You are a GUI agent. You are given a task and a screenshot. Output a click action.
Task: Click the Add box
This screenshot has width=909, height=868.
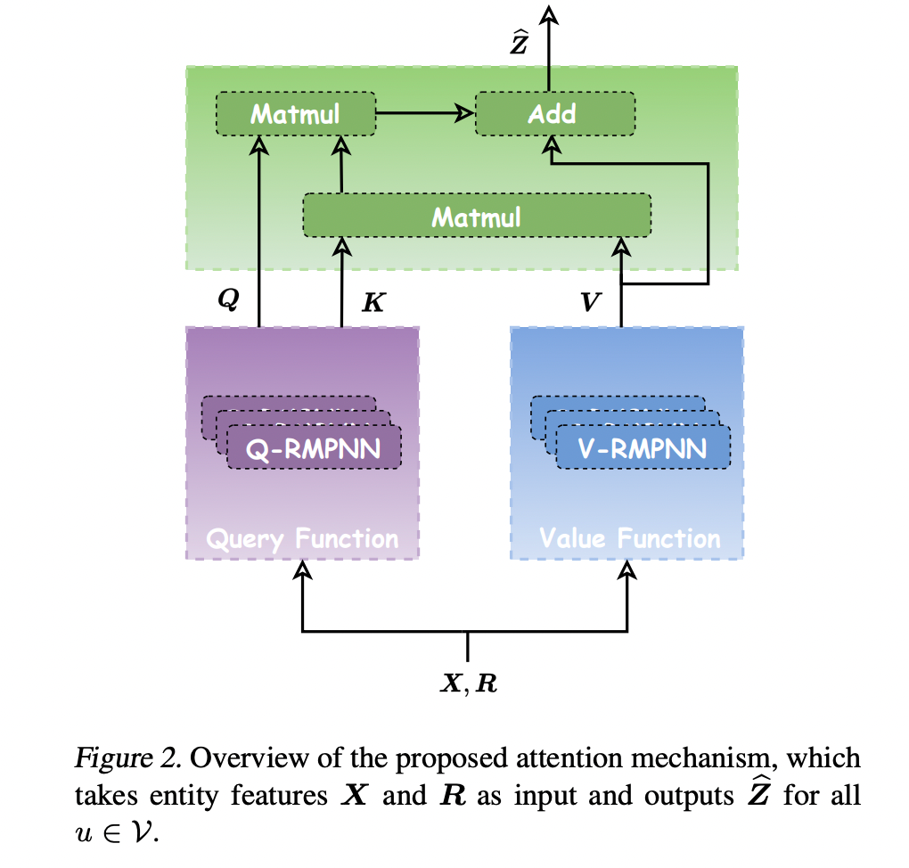click(553, 114)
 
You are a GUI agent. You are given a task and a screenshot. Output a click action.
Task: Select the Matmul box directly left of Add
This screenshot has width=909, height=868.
click(294, 114)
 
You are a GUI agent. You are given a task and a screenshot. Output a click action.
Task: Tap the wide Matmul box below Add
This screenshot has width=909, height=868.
click(477, 217)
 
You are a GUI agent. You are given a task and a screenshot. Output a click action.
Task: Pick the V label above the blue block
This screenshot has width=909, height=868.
click(590, 302)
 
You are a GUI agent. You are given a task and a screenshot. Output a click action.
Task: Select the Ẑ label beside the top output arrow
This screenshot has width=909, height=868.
click(519, 42)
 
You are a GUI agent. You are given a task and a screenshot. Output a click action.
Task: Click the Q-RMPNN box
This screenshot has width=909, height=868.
click(314, 447)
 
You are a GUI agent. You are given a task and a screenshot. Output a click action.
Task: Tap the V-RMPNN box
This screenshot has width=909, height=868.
click(643, 447)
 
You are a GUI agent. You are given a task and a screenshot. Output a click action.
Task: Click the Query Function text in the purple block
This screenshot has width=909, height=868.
click(302, 538)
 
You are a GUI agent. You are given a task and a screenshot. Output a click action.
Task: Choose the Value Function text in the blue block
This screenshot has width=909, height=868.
click(629, 538)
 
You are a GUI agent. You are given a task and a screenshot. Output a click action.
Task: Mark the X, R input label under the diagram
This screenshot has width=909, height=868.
click(469, 683)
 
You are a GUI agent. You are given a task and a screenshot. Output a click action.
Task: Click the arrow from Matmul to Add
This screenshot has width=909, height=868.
click(424, 113)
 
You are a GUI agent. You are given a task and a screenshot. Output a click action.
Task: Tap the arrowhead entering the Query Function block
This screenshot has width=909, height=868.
click(303, 569)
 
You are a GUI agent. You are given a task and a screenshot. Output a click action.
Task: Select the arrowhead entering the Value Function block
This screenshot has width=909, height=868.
click(629, 569)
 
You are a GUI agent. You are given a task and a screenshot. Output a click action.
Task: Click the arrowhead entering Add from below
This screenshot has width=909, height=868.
click(553, 143)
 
